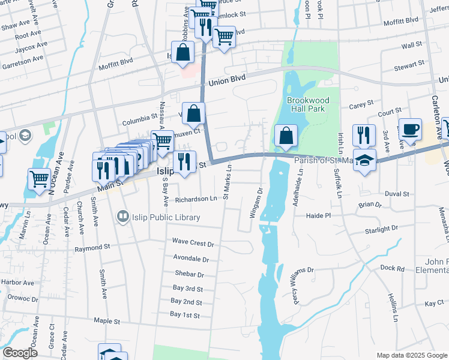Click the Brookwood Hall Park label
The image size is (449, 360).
tap(306, 104)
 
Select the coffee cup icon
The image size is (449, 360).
tap(410, 129)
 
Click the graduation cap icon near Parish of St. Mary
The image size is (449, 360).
tap(363, 160)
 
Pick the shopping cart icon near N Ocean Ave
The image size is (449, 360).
tap(39, 179)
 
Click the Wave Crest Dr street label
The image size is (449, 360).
tap(193, 244)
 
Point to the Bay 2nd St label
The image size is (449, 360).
tap(186, 302)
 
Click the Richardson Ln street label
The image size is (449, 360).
tap(196, 199)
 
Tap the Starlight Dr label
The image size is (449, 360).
tap(381, 229)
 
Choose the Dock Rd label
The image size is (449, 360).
tap(392, 269)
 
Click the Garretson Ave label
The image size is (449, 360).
tap(22, 61)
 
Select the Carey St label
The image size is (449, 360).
tap(361, 105)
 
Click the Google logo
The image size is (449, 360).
tap(20, 353)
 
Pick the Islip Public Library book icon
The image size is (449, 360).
tap(123, 215)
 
